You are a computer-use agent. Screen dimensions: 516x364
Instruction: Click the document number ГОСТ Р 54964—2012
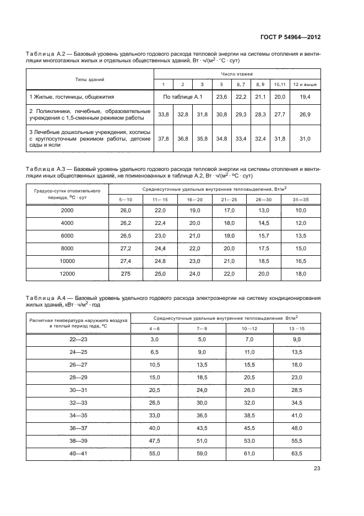coord(291,37)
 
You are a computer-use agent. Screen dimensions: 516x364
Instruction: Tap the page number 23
coord(317,469)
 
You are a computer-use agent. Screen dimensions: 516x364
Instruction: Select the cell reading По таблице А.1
coord(183,97)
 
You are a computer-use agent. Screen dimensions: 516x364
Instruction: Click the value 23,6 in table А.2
coord(221,97)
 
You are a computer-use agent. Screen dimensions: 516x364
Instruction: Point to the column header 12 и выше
coord(305,84)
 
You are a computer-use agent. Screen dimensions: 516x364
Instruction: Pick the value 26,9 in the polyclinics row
coord(305,115)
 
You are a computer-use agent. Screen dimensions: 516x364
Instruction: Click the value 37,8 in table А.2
coord(163,139)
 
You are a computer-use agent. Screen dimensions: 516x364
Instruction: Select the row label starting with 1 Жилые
coord(72,97)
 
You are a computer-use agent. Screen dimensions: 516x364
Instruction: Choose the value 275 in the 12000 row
coord(126,274)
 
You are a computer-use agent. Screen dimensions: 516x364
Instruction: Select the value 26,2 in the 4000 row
coord(126,223)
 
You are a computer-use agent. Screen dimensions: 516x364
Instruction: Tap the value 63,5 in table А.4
coord(297,453)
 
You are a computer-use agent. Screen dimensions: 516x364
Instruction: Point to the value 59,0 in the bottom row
coord(202,453)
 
